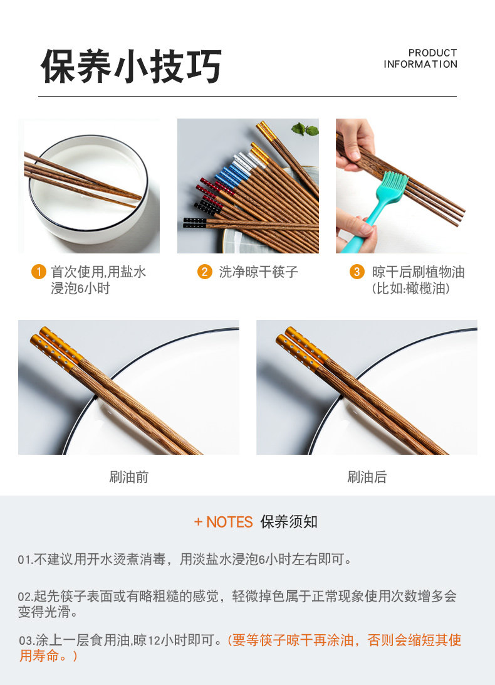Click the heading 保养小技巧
[x=131, y=66]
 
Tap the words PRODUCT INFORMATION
[x=420, y=58]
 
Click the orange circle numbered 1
[x=38, y=272]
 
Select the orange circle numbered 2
[x=204, y=272]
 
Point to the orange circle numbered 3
[x=357, y=272]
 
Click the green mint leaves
[x=305, y=129]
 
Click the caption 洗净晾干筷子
[x=258, y=272]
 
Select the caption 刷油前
[x=129, y=477]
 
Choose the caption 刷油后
[x=367, y=477]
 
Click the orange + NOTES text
[x=224, y=522]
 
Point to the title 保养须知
[x=289, y=522]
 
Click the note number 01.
[x=25, y=560]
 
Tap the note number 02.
[x=25, y=597]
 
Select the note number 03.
[x=26, y=641]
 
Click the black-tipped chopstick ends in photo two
[x=195, y=223]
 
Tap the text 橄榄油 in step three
[x=425, y=289]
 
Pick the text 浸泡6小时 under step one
[x=80, y=289]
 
